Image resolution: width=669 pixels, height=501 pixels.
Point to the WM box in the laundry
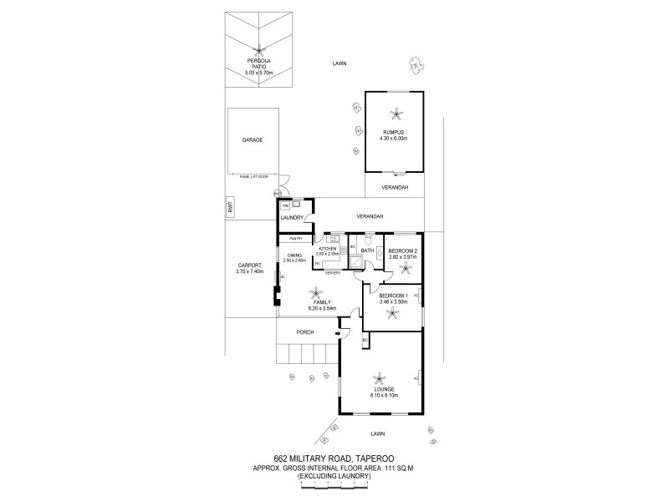tap(285, 205)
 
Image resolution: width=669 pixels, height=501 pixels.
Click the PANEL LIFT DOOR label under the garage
tap(253, 176)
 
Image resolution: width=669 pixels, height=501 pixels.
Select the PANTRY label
tap(295, 239)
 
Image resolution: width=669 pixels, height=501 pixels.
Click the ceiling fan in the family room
tap(316, 292)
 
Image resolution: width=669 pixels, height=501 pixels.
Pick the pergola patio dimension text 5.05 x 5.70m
tap(260, 73)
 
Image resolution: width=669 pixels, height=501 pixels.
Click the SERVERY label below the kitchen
tap(332, 273)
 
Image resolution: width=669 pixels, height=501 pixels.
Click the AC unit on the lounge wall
tap(416, 379)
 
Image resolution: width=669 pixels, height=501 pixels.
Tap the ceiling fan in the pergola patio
tap(261, 48)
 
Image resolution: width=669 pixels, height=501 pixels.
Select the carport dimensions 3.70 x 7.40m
tap(250, 271)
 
